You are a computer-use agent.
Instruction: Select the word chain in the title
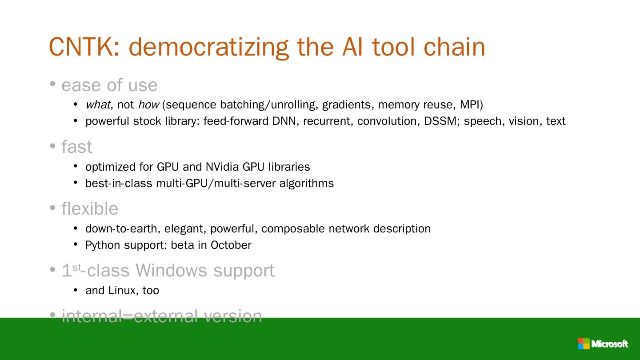click(x=454, y=47)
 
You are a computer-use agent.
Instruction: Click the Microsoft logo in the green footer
click(x=603, y=344)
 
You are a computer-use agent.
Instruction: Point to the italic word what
click(x=98, y=105)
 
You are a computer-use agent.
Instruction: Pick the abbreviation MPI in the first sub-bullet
click(x=470, y=105)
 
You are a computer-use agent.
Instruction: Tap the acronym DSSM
click(x=441, y=121)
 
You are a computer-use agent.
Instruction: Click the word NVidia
click(x=222, y=167)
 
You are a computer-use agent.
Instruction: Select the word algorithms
click(x=306, y=184)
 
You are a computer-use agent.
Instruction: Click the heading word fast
click(x=77, y=147)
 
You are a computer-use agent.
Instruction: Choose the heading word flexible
click(x=90, y=209)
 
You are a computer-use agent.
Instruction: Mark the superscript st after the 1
click(x=77, y=267)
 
